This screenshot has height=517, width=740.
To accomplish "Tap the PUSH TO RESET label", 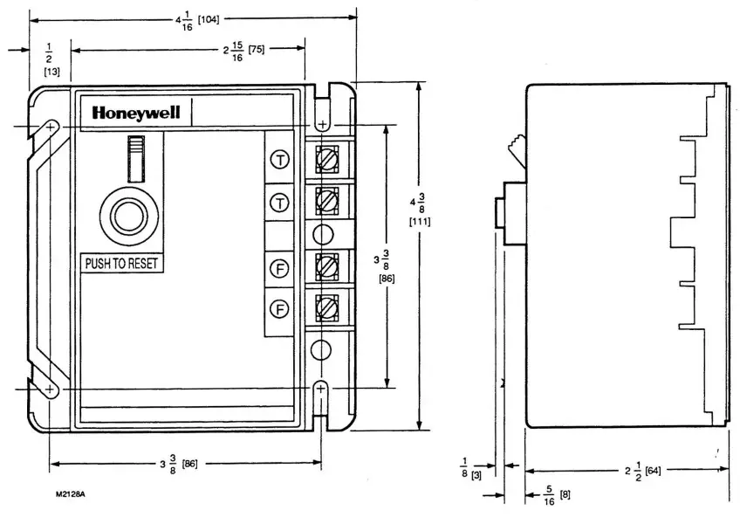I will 121,263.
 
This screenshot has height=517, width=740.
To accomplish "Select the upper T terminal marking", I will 279,159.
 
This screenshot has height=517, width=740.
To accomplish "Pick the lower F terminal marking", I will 279,308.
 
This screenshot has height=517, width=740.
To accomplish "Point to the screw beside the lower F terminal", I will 325,307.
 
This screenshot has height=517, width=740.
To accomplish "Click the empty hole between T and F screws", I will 322,234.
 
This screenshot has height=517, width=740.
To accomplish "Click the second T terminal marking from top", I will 279,203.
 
